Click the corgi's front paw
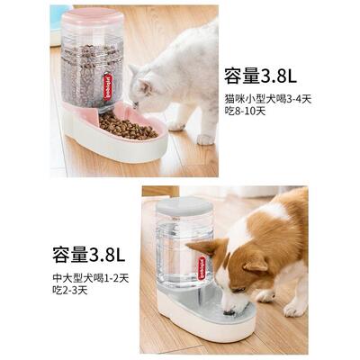[293, 308]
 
